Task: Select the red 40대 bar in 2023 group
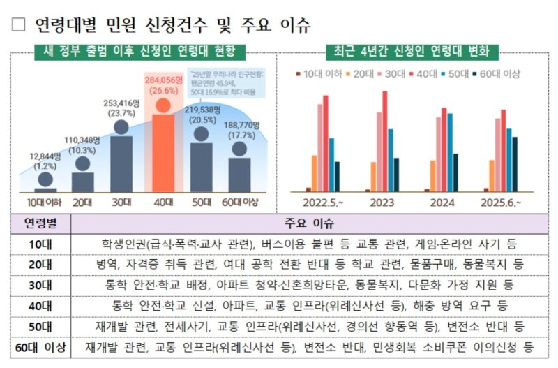(x=384, y=140)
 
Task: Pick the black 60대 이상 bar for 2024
(x=456, y=172)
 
